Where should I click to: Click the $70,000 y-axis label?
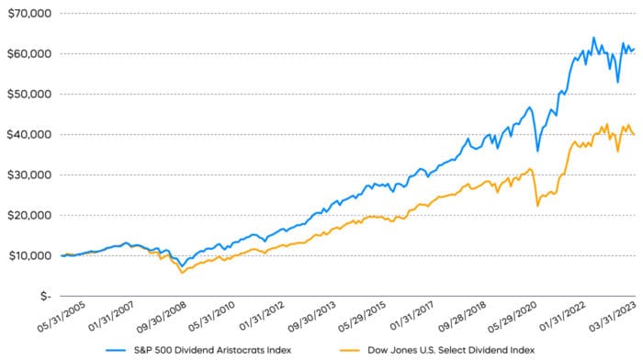pos(27,14)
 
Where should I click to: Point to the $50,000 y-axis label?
pos(27,94)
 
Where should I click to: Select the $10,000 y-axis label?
pos(27,255)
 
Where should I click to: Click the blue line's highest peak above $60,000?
pos(593,38)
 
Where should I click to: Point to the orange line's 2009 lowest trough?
pos(182,273)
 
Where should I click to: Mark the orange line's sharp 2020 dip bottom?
pos(537,206)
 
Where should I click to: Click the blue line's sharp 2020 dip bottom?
pos(537,151)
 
